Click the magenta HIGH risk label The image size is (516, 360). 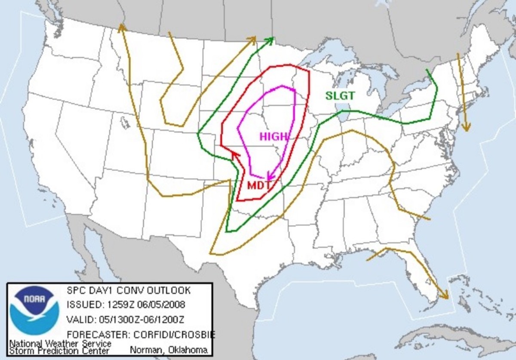tap(273, 137)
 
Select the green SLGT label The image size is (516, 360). tap(340, 95)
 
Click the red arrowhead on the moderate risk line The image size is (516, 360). tap(234, 155)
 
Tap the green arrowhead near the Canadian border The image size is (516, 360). tap(270, 40)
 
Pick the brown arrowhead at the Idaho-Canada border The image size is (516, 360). tap(122, 28)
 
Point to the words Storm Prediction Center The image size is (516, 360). tap(59, 351)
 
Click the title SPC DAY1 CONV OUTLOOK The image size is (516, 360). tap(128, 290)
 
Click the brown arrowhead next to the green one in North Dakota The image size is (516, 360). tap(251, 40)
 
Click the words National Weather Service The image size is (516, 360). tap(60, 344)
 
